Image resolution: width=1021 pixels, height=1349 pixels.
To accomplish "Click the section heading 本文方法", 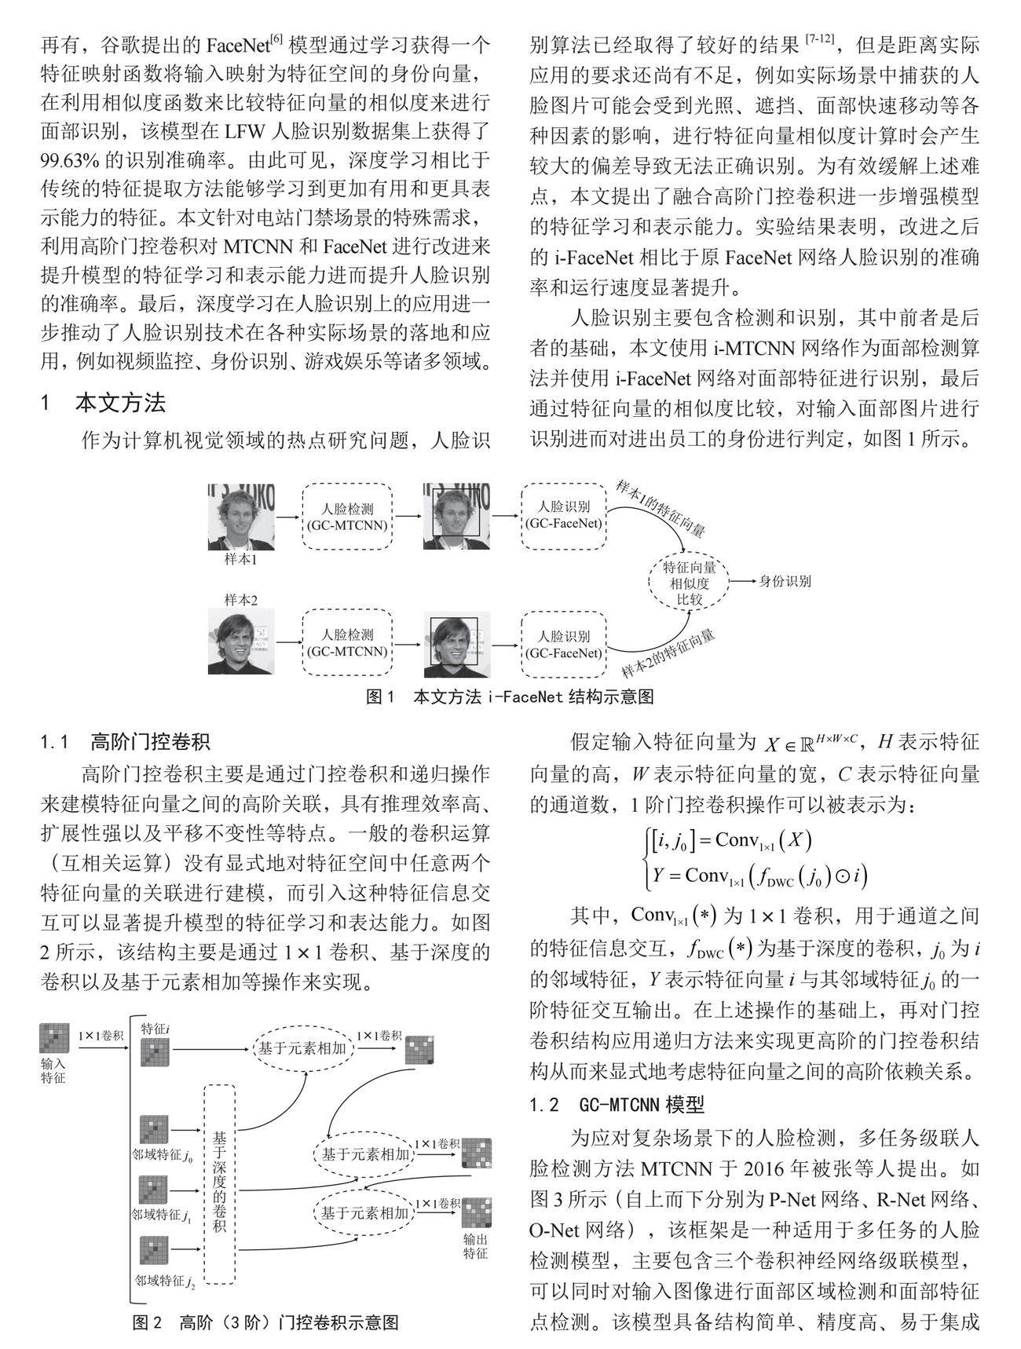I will [120, 404].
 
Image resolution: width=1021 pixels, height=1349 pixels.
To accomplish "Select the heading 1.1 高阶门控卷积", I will [126, 741].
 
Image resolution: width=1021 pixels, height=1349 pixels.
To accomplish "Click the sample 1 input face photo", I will [241, 517].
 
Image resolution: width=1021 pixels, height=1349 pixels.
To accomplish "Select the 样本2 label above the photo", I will [241, 600].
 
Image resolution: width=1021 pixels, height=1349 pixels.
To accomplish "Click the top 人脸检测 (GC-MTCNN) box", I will [347, 517].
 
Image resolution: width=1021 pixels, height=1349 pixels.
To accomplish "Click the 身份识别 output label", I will [785, 582].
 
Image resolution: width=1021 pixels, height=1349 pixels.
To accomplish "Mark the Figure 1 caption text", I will [510, 696].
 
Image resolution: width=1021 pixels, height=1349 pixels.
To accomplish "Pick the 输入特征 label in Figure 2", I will [53, 1071].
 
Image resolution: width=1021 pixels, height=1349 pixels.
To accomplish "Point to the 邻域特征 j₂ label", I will [165, 1281].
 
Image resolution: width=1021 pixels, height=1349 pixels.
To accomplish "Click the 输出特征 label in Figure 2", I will [475, 1246].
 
